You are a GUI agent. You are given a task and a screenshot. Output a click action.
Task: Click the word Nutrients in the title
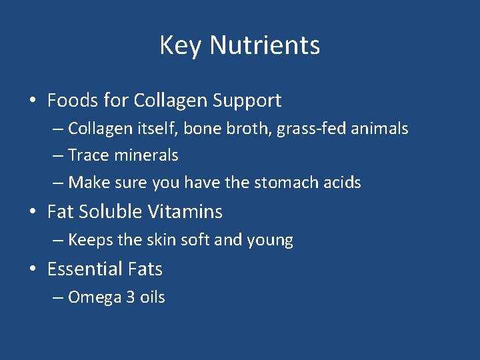pyautogui.click(x=265, y=45)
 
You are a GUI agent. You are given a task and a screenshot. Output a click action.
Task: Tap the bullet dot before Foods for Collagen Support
pyautogui.click(x=32, y=101)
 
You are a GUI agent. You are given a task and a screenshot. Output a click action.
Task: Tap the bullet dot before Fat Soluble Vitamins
pyautogui.click(x=32, y=213)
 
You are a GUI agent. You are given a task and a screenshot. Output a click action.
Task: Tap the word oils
pyautogui.click(x=152, y=297)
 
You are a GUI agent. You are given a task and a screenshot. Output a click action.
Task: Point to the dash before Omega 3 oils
pyautogui.click(x=57, y=298)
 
